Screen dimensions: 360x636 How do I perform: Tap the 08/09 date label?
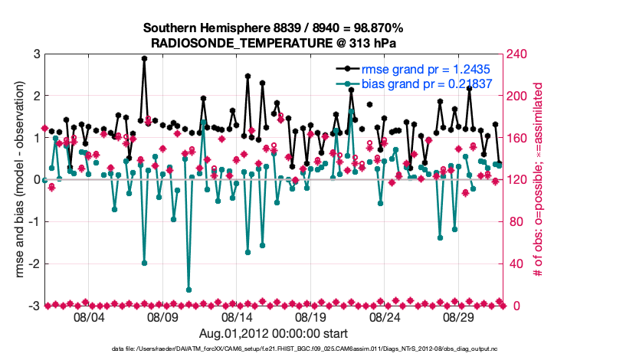[162, 317]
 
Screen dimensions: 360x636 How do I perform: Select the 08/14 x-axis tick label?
[237, 317]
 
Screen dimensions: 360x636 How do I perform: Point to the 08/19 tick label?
[311, 317]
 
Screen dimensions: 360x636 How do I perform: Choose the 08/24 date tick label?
[385, 317]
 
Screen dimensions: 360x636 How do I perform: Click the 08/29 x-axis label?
[460, 317]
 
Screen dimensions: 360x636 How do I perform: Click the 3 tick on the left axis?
[36, 54]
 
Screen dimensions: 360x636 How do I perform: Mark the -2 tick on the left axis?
[34, 263]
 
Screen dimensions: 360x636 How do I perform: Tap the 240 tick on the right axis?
[521, 54]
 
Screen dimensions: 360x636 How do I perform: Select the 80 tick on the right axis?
[518, 222]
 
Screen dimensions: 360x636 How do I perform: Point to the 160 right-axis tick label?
[521, 138]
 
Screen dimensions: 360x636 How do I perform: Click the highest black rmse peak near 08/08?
[144, 58]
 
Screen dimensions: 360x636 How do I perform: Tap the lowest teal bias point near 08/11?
[189, 290]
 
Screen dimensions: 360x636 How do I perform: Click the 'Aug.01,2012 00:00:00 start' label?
[274, 334]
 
